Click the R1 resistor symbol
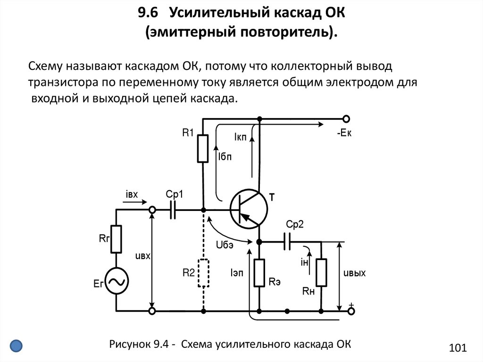[x=203, y=149]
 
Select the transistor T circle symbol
[x=249, y=209]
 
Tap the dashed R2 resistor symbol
[x=203, y=273]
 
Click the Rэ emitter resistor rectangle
[x=259, y=273]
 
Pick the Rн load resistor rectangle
[x=322, y=273]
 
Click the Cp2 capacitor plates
[x=288, y=242]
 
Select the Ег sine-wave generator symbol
[x=116, y=282]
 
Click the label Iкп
[x=240, y=137]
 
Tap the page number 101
[x=458, y=348]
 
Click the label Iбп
[x=225, y=158]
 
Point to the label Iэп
[x=237, y=273]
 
